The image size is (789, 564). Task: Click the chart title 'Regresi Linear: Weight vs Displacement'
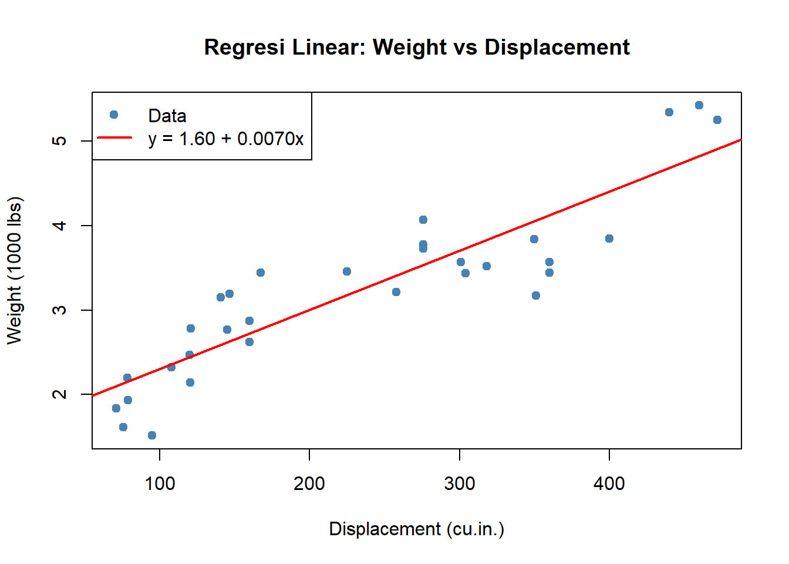click(417, 47)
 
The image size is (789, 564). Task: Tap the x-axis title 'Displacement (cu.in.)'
click(416, 529)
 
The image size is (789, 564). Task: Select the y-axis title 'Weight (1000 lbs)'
click(14, 270)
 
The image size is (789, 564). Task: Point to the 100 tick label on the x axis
click(160, 484)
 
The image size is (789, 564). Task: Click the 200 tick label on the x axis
click(309, 484)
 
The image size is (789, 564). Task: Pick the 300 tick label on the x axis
click(459, 484)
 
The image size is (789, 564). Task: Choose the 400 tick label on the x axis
click(609, 484)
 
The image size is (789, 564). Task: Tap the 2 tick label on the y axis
click(59, 394)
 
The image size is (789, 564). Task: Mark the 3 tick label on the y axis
click(59, 310)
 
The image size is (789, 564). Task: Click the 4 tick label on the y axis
click(59, 226)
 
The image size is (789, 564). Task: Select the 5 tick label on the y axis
click(59, 141)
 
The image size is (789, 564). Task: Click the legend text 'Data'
click(167, 116)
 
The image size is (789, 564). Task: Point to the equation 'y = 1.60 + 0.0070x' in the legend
click(226, 139)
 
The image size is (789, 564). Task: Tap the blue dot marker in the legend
click(114, 115)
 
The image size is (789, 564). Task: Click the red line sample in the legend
click(114, 137)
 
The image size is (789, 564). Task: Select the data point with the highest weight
click(699, 105)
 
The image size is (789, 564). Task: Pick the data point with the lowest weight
click(152, 435)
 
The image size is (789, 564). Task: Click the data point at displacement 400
click(609, 239)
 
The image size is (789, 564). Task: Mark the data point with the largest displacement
click(717, 120)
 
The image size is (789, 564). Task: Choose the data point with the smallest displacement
click(116, 408)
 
